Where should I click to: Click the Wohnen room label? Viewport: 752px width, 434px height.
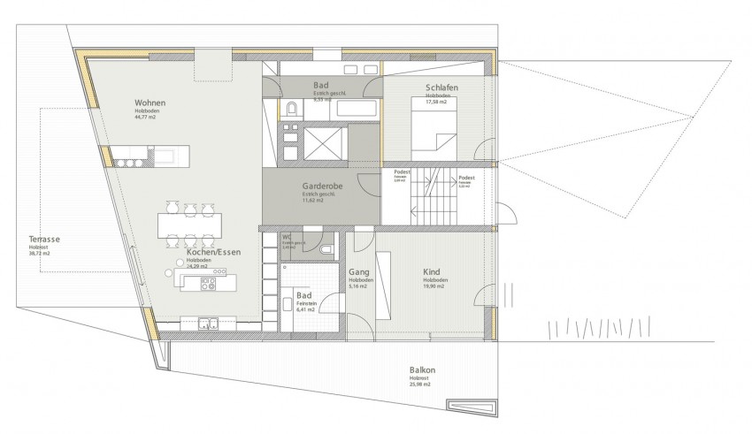[x=150, y=103]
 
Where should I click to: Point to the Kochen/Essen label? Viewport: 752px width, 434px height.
[x=213, y=252]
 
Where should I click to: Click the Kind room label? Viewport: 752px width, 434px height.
[x=432, y=272]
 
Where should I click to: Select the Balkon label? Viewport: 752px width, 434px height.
[x=422, y=370]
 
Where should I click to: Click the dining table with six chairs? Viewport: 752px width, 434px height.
[x=189, y=225]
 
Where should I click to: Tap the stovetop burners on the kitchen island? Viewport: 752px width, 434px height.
[x=210, y=284]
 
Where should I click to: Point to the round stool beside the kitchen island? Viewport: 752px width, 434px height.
[x=167, y=272]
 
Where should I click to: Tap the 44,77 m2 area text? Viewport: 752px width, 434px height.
[x=146, y=117]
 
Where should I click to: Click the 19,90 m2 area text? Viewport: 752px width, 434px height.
[x=434, y=287]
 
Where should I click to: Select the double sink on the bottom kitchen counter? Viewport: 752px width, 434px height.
[x=208, y=322]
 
